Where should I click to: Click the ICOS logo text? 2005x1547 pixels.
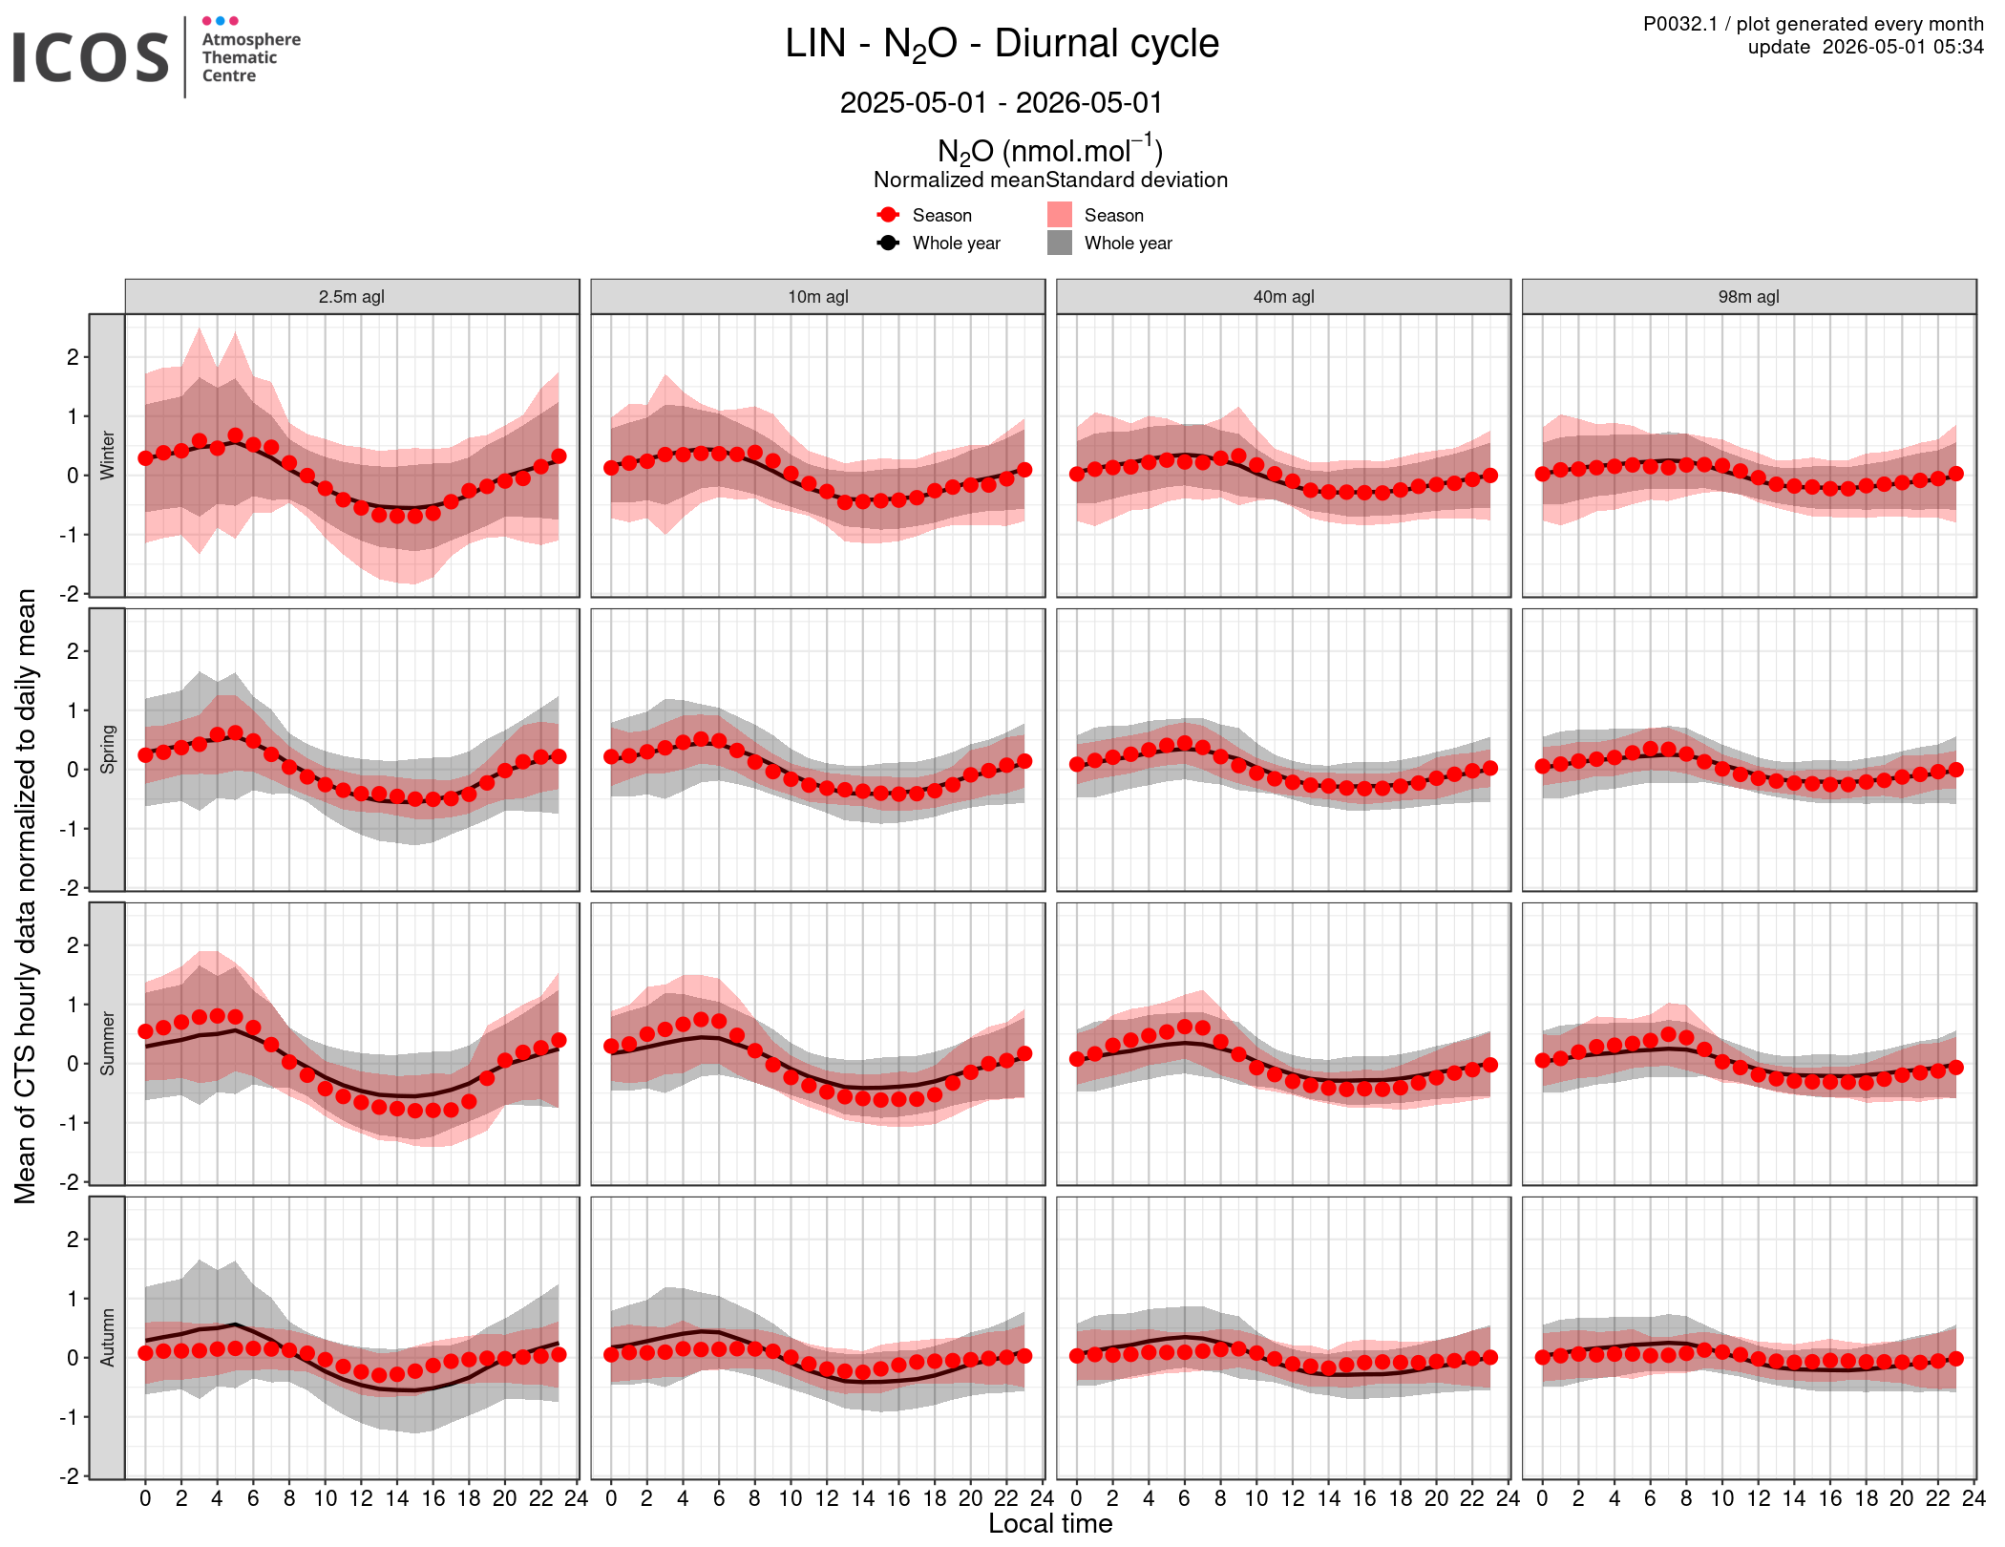[91, 57]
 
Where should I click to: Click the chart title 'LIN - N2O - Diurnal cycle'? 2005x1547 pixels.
[1002, 45]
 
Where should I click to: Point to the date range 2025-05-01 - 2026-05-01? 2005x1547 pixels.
[1002, 102]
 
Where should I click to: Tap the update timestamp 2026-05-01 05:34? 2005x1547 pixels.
[1903, 47]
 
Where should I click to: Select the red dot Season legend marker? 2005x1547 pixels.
[888, 215]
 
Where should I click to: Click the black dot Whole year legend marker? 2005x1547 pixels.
[888, 243]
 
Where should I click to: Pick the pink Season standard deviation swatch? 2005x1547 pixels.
[1060, 215]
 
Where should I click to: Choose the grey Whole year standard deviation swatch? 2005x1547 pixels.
[1060, 243]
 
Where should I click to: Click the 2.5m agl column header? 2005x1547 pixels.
[351, 296]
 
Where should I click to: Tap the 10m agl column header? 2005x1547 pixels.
[817, 296]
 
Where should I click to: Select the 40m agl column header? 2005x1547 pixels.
[1283, 296]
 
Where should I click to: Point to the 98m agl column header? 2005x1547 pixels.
[1749, 296]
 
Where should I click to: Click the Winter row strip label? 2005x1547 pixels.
[107, 456]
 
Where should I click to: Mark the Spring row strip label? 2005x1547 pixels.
[107, 750]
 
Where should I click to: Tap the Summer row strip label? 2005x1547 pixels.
[107, 1044]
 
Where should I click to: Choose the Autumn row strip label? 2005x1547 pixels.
[107, 1338]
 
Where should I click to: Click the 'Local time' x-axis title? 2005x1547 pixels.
[1050, 1523]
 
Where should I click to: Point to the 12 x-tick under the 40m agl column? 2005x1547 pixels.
[1292, 1498]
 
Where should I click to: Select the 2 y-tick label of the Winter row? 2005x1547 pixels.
[73, 357]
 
